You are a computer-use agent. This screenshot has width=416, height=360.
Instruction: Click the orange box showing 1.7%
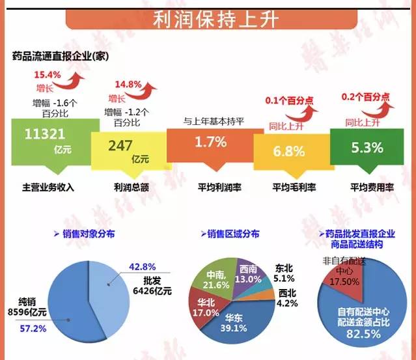[210, 143]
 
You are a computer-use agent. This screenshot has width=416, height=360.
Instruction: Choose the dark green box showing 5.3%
[367, 146]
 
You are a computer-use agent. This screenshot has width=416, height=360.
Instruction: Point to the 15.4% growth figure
[47, 75]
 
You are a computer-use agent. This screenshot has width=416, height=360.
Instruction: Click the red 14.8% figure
[127, 85]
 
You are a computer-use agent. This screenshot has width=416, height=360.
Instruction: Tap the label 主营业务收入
[49, 187]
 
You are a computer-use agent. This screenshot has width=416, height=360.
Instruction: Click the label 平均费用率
[368, 187]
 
